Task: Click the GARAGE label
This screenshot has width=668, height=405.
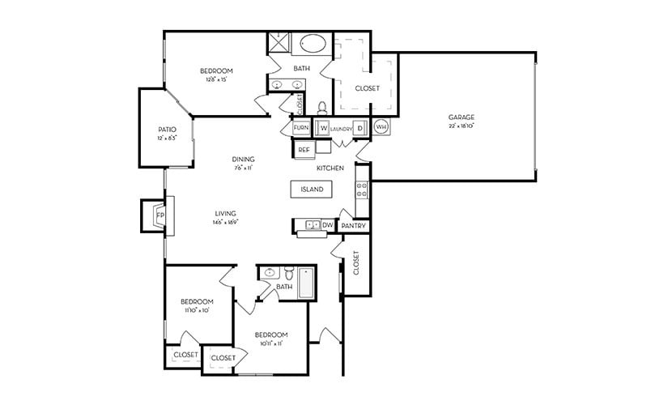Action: (x=462, y=117)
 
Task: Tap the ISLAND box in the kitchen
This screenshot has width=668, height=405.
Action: (x=312, y=190)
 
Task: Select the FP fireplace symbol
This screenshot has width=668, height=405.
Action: (x=159, y=215)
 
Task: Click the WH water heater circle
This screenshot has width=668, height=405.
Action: (x=381, y=128)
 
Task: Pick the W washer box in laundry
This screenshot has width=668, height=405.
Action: (x=322, y=128)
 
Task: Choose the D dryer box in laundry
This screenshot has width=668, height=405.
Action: (x=360, y=128)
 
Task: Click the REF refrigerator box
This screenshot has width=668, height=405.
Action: (x=304, y=149)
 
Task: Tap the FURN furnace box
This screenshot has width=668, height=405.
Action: (x=300, y=128)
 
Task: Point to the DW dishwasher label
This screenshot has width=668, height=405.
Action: (x=327, y=224)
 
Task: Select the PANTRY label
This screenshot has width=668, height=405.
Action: (x=354, y=226)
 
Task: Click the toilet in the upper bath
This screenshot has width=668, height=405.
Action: (x=321, y=107)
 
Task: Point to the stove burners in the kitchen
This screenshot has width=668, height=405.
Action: (x=362, y=190)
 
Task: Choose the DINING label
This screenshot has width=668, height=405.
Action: (x=243, y=159)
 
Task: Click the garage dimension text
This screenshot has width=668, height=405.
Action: (x=462, y=126)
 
